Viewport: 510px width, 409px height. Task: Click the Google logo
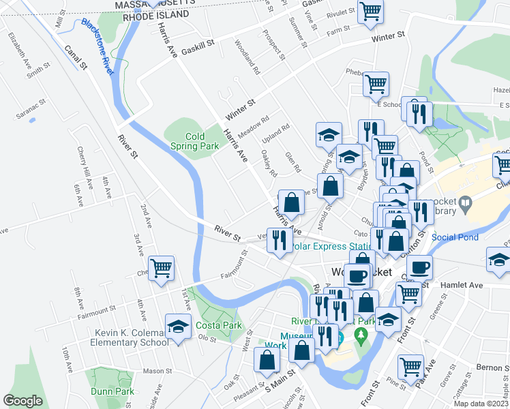click(x=22, y=401)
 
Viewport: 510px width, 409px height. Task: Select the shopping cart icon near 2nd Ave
click(x=161, y=269)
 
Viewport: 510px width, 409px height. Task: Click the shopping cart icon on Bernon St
click(x=410, y=367)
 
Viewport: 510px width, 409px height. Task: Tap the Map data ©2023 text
click(x=483, y=404)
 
